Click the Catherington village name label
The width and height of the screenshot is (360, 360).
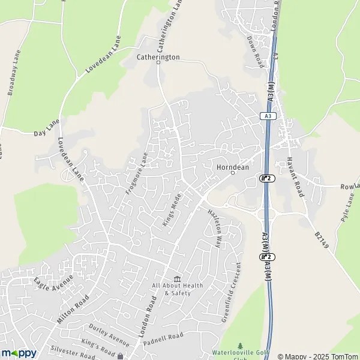[158, 58]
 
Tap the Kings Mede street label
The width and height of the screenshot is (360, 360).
[172, 213]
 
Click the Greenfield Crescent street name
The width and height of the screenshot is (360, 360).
[230, 292]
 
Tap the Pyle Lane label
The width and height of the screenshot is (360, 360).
[349, 212]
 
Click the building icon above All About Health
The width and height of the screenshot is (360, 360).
[177, 278]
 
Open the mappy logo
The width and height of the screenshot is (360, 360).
[19, 353]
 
